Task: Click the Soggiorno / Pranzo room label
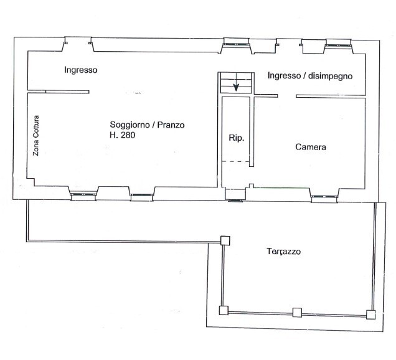147,125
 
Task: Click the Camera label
311,148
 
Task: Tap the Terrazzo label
284,252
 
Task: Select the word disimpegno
328,76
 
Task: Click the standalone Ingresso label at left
80,70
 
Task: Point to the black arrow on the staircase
236,87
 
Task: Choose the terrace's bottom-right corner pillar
371,313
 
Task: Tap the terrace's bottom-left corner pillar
224,310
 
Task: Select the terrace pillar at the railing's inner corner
225,240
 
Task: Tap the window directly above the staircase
237,44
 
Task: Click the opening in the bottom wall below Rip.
235,197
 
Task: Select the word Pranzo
172,125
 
